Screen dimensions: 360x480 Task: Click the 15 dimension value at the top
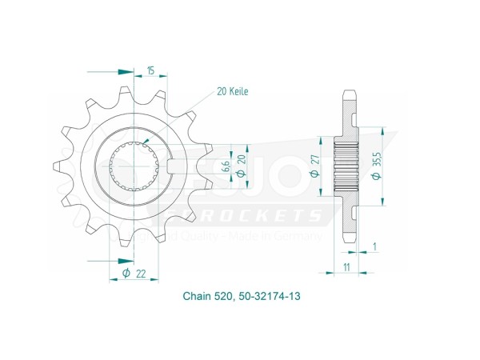(150, 72)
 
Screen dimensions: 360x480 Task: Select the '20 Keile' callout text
(232, 92)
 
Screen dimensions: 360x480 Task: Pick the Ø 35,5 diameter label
(377, 166)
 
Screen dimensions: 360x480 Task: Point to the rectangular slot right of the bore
(179, 166)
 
